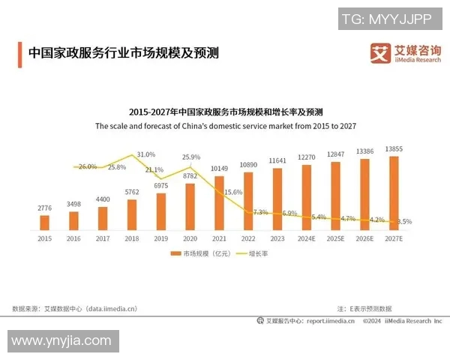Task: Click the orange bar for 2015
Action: click(x=44, y=222)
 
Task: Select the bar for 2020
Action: click(x=190, y=206)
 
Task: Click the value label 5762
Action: click(x=132, y=193)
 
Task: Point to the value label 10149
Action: click(x=219, y=167)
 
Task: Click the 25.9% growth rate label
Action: click(x=190, y=157)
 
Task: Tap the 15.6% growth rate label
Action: click(x=233, y=193)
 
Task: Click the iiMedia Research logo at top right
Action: click(x=403, y=54)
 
